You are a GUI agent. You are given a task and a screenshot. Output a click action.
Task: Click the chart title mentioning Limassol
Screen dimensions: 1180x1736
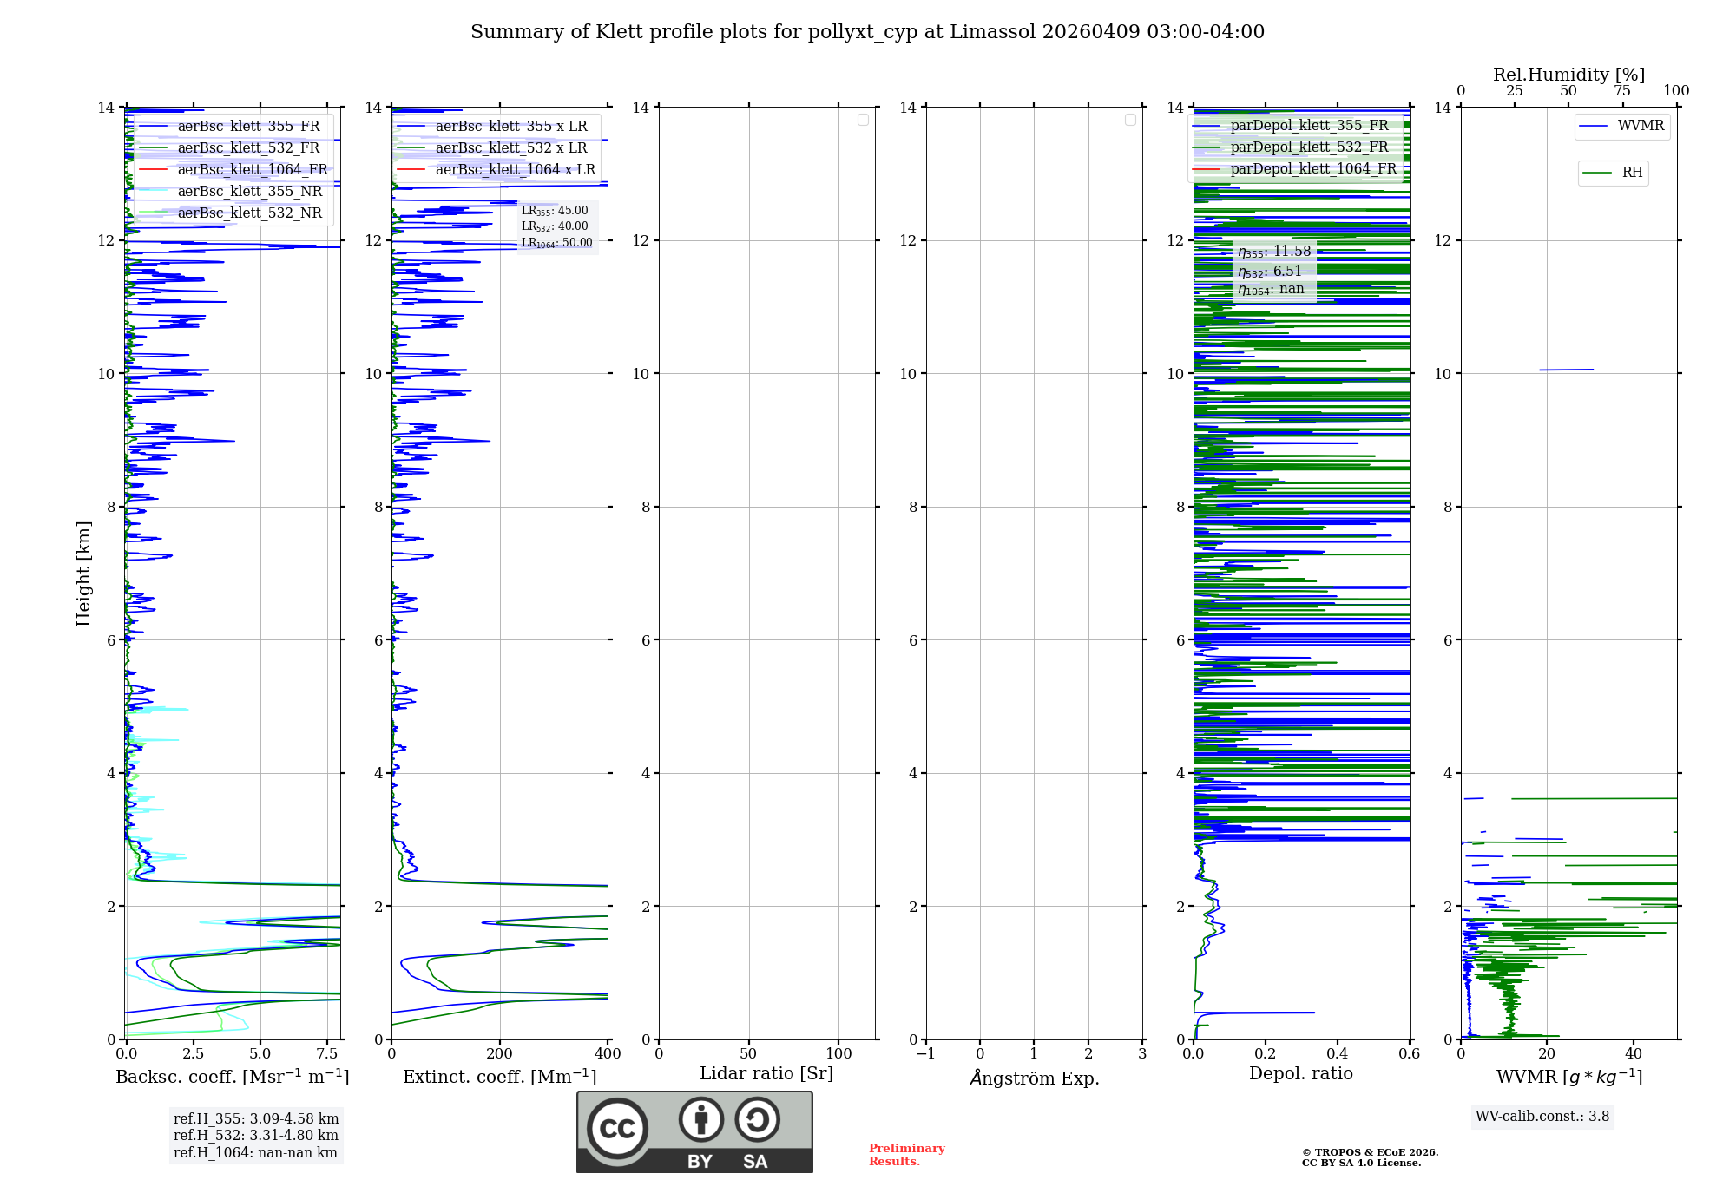(867, 32)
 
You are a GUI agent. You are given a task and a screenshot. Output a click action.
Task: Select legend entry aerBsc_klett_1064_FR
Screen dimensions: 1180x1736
(252, 169)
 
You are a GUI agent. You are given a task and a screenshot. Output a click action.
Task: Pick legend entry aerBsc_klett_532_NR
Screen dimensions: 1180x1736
(249, 213)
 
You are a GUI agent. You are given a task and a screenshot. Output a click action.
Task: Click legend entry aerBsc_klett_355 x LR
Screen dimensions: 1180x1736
(510, 126)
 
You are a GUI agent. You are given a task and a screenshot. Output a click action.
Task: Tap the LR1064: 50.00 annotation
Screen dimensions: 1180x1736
(556, 243)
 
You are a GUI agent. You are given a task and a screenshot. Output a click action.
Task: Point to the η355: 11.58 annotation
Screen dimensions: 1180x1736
(1274, 252)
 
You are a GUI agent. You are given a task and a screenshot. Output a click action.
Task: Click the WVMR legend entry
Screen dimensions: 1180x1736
(1640, 126)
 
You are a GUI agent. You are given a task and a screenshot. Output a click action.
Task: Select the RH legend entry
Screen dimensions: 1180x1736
(1632, 173)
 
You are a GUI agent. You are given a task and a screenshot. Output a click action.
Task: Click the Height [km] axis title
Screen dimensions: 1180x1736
(83, 574)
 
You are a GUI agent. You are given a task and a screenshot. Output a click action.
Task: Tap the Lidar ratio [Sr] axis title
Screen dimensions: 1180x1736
(766, 1073)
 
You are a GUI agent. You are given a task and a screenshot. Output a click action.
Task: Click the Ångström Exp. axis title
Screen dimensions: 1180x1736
(1034, 1078)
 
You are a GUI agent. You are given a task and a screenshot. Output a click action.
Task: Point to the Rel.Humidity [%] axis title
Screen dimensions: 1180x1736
(1568, 75)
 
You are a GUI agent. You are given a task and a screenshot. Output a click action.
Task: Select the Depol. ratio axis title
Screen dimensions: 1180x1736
(1300, 1073)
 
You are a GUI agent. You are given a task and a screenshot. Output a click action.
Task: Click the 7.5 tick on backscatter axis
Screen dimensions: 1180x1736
(327, 1053)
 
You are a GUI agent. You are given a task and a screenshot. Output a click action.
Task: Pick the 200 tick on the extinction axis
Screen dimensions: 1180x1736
(500, 1053)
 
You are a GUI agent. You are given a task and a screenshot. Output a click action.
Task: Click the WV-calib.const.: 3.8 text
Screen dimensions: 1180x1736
(1542, 1117)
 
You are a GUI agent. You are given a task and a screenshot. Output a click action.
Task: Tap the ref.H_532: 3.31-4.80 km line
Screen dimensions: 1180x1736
(256, 1135)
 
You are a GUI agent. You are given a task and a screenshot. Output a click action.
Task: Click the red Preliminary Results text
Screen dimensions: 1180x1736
(906, 1155)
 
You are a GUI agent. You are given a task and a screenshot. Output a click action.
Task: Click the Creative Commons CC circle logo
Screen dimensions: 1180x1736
(617, 1129)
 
